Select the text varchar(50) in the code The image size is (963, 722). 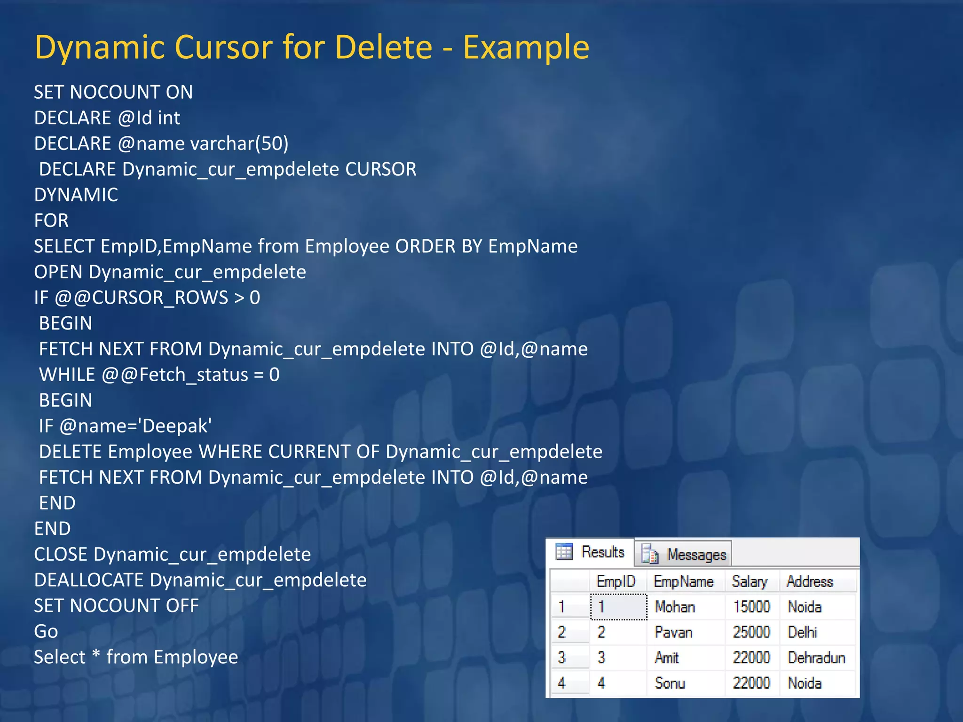point(239,143)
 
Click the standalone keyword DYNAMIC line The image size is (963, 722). point(76,195)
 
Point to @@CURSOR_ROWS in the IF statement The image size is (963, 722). point(142,298)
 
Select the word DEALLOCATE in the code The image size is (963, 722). point(89,580)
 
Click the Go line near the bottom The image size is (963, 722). point(46,631)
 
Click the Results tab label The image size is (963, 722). point(602,552)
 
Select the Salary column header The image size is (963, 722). point(749,582)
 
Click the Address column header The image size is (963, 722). point(809,582)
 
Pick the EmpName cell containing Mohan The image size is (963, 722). point(675,607)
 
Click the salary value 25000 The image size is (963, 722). point(751,632)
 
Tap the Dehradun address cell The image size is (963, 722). point(816,658)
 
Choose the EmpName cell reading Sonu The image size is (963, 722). point(670,683)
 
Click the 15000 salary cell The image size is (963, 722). point(751,607)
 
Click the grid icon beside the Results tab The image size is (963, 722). point(564,551)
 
